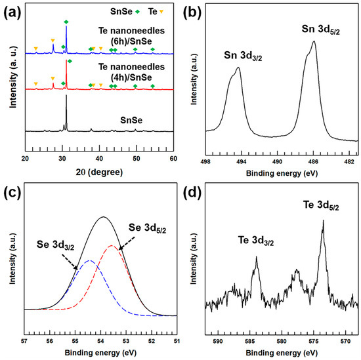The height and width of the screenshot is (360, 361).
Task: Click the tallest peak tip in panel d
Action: (323, 220)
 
